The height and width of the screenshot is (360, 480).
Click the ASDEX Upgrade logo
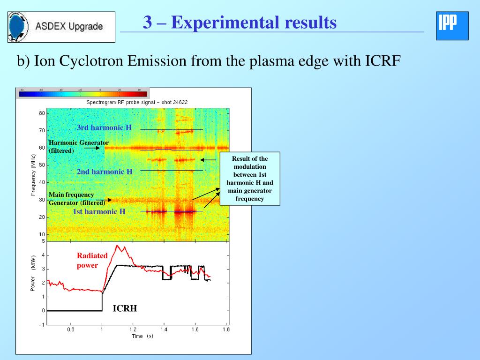click(x=61, y=27)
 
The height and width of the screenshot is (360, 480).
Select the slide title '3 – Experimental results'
click(x=240, y=22)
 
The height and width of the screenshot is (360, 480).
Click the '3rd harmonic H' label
click(x=104, y=127)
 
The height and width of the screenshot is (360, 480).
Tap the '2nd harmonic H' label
click(x=105, y=172)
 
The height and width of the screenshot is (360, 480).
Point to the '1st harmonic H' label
click(x=99, y=211)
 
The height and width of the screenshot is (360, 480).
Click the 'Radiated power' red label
click(x=92, y=260)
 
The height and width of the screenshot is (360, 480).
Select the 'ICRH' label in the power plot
click(x=125, y=308)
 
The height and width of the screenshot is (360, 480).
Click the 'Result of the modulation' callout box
click(x=249, y=179)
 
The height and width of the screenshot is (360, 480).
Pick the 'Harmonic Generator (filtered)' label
click(x=78, y=146)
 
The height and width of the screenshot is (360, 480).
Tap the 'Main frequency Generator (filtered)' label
click(x=77, y=199)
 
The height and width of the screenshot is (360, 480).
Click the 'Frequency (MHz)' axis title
click(x=33, y=175)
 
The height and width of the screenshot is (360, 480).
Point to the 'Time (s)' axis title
click(x=142, y=336)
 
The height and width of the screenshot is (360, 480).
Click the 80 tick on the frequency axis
click(x=42, y=113)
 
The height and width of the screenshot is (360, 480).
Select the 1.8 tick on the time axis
click(x=226, y=330)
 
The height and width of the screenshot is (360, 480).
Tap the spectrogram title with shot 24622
click(x=137, y=102)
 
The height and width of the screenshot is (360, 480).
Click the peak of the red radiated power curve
click(x=118, y=246)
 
